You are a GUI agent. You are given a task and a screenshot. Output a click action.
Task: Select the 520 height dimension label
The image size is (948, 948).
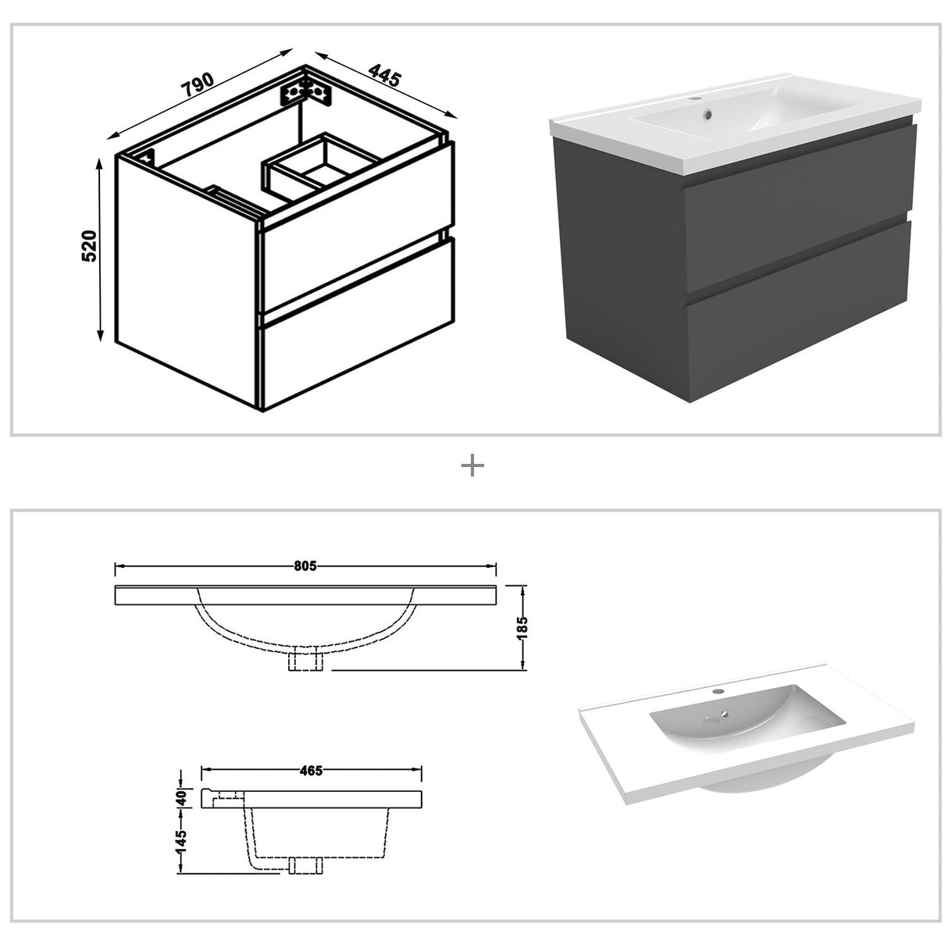click(x=90, y=246)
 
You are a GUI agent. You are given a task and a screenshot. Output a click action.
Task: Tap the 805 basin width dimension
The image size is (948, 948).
click(x=305, y=566)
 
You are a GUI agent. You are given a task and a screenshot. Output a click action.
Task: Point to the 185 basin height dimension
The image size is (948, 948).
click(x=522, y=625)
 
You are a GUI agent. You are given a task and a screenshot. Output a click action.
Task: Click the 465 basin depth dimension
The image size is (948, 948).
click(x=310, y=771)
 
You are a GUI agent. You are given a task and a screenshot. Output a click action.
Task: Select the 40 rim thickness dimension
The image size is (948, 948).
click(x=181, y=797)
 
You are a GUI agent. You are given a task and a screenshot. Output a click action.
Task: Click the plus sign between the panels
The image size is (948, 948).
click(x=473, y=466)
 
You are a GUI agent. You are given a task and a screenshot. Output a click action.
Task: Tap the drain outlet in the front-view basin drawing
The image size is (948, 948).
click(x=305, y=661)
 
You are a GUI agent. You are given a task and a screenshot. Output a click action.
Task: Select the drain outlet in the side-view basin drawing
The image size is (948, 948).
click(x=305, y=864)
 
